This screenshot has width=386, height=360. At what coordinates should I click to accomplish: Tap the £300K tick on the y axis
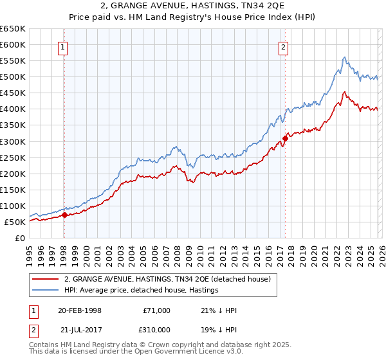point(13,141)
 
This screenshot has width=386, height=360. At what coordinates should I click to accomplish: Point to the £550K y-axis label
point(13,61)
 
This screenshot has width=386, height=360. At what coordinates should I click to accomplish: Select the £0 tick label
point(19,239)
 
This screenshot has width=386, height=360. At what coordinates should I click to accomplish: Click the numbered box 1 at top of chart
point(64,46)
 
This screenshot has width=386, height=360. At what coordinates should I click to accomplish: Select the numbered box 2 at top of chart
point(284,46)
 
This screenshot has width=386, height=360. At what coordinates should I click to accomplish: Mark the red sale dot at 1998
point(64,215)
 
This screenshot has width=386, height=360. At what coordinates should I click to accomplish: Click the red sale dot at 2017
point(285,138)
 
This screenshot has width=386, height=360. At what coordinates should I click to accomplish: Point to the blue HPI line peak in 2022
point(345,57)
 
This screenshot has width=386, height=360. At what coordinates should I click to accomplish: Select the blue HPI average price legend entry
point(141,291)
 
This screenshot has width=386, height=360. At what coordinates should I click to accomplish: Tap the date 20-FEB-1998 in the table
point(79,310)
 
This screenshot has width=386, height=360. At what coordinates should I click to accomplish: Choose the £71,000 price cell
point(156,310)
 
